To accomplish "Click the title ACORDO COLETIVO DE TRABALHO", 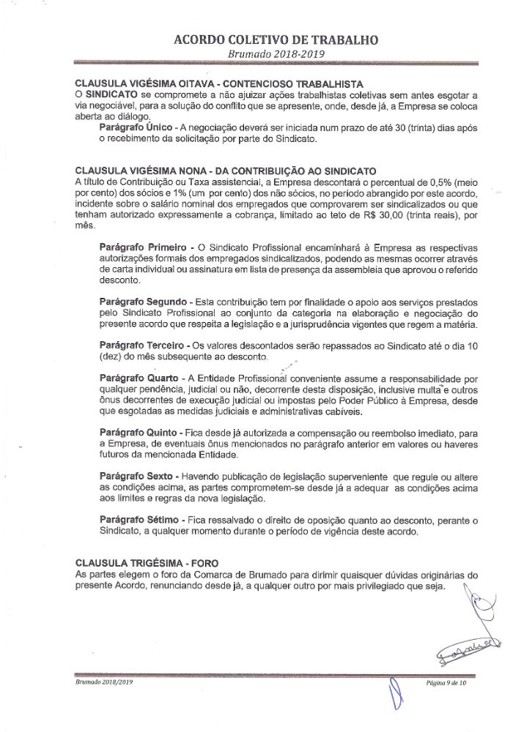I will [x=262, y=40].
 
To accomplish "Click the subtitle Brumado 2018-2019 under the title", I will [x=262, y=54].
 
